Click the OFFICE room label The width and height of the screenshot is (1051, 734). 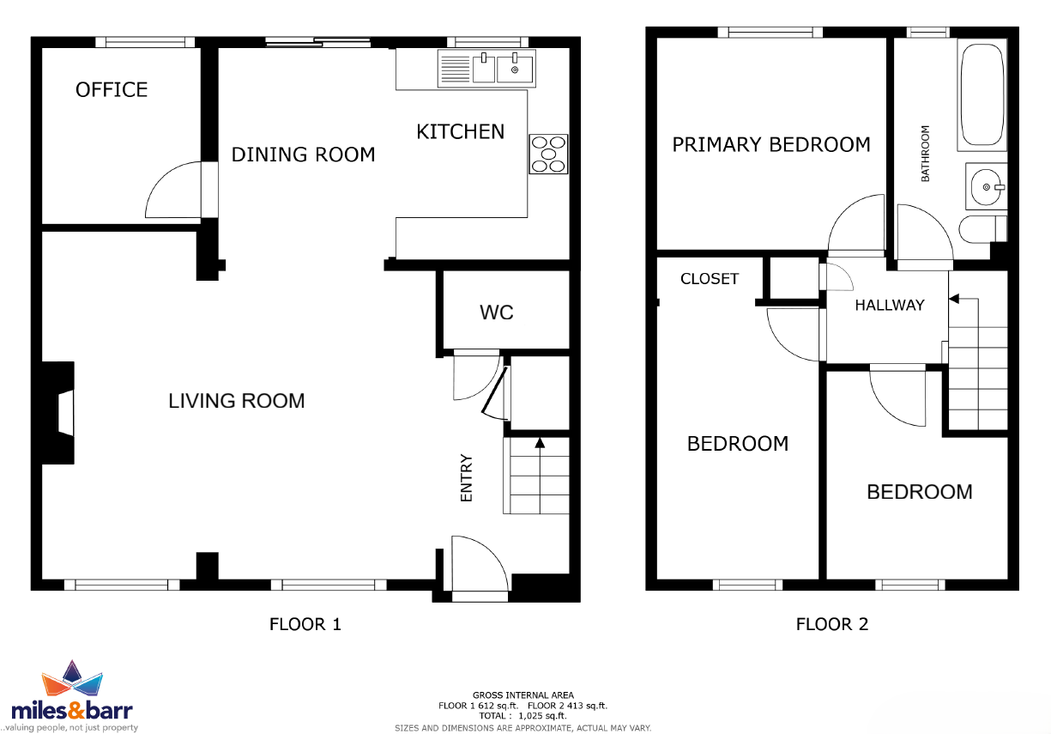click(x=112, y=89)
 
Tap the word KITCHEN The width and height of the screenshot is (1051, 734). click(x=460, y=132)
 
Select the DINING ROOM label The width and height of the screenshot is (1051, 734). click(x=303, y=155)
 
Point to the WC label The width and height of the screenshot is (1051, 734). click(x=497, y=312)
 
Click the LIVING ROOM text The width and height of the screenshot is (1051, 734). click(x=237, y=401)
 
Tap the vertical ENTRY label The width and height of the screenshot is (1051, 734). click(x=467, y=477)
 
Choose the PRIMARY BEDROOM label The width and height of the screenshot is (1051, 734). click(x=771, y=144)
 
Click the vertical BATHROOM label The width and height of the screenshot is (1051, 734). click(x=925, y=154)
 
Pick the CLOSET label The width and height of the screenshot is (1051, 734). click(x=710, y=279)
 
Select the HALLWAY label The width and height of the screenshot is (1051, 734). click(x=890, y=306)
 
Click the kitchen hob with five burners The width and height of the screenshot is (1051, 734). click(x=548, y=154)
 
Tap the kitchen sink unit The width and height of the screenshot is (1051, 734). click(x=486, y=69)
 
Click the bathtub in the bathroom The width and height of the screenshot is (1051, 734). click(x=982, y=94)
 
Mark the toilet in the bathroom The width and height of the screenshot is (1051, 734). click(x=982, y=229)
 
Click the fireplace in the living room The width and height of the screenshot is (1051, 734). click(x=58, y=413)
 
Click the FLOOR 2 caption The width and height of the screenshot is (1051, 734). click(x=832, y=624)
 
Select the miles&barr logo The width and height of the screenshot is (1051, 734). click(x=72, y=695)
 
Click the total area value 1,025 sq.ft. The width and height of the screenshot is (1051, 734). click(x=542, y=716)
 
